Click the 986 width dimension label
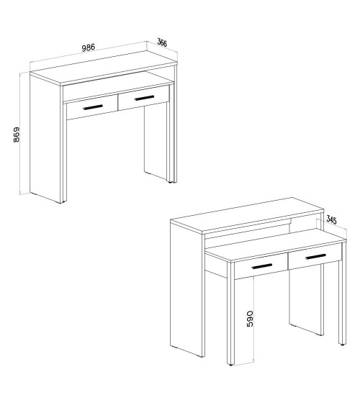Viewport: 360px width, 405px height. click(89, 47)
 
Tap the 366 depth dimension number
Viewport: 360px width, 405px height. click(162, 42)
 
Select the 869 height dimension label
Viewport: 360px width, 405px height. click(17, 135)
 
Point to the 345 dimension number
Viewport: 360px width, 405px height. click(331, 220)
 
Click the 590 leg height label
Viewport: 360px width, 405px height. click(250, 319)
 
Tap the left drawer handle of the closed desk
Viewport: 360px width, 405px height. click(93, 107)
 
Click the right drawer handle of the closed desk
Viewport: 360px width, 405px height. click(144, 98)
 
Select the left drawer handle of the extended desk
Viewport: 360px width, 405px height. click(261, 266)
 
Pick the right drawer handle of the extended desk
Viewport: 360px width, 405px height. click(315, 257)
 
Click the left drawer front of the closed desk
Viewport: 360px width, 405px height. click(92, 107)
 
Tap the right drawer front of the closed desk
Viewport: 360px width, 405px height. click(144, 98)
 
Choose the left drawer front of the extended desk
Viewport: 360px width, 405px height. click(261, 266)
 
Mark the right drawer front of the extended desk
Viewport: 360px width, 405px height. click(315, 257)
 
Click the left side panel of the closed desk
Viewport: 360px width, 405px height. click(45, 137)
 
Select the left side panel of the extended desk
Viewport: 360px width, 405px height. click(186, 290)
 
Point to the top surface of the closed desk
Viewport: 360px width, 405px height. click(104, 68)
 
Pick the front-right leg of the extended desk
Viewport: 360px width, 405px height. click(343, 294)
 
